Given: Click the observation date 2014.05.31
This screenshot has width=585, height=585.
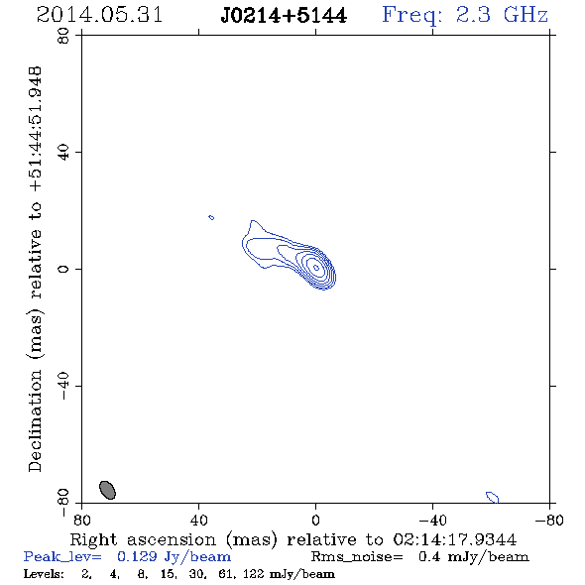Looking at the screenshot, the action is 99,15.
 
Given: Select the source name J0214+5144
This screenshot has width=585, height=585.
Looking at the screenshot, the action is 284,16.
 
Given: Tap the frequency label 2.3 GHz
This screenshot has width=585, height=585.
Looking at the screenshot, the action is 502,15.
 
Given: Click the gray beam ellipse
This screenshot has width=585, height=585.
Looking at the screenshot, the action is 107,490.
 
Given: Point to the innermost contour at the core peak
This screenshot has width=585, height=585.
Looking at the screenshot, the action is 316,267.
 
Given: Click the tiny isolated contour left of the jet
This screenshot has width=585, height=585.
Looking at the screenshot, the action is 211,217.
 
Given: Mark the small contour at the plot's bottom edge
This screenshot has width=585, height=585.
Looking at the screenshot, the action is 493,498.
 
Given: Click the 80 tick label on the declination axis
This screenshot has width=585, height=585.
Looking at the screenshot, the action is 63,36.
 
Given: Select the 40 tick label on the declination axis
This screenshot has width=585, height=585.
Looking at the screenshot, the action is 63,153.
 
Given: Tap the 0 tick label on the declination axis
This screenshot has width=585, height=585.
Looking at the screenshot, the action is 63,269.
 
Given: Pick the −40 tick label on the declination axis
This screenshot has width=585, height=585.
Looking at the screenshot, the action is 63,386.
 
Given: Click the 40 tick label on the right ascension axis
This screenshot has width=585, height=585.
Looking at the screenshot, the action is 198,521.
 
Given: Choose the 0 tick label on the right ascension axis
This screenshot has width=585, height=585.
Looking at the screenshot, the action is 315,521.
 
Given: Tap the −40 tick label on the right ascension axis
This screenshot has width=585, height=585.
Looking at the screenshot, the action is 432,521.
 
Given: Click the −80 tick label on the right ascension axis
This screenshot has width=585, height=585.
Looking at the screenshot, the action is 549,521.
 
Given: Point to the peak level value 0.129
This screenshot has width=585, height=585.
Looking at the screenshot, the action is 137,556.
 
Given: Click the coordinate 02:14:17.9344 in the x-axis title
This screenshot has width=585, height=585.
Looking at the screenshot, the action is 455,539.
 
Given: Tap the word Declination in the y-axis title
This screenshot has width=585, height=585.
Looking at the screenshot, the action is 35,420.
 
